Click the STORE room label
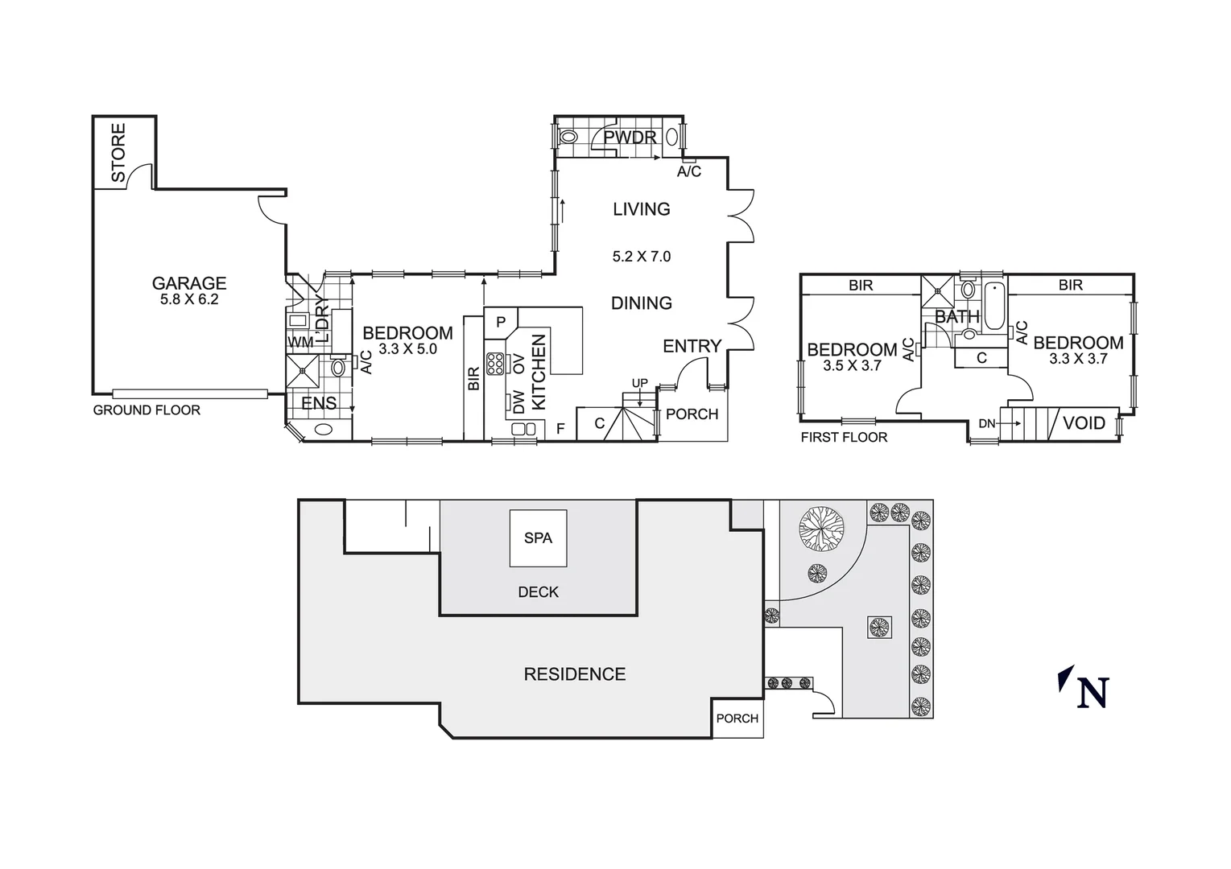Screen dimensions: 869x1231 pos(118,152)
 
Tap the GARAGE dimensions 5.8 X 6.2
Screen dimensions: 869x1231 pos(189,299)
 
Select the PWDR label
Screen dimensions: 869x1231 pos(630,138)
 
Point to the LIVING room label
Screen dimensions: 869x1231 pos(641,209)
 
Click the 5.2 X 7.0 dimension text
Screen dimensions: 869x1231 pos(641,257)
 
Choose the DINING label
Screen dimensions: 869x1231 pos(641,303)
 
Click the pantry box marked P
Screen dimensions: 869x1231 pos(501,323)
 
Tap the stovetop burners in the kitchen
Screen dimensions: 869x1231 pos(495,364)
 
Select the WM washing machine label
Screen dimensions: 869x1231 pos(300,343)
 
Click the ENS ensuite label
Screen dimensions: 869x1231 pos(319,404)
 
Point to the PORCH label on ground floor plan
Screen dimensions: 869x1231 pos(692,414)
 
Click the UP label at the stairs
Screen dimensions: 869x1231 pos(639,382)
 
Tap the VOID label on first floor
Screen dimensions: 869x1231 pos(1084,423)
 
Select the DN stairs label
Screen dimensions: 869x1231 pos(986,424)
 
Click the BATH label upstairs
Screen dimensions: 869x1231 pos(956,317)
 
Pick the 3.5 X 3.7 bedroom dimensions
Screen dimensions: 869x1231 pos(852,365)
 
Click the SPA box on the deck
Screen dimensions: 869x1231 pos(538,537)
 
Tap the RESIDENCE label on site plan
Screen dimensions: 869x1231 pos(574,674)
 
